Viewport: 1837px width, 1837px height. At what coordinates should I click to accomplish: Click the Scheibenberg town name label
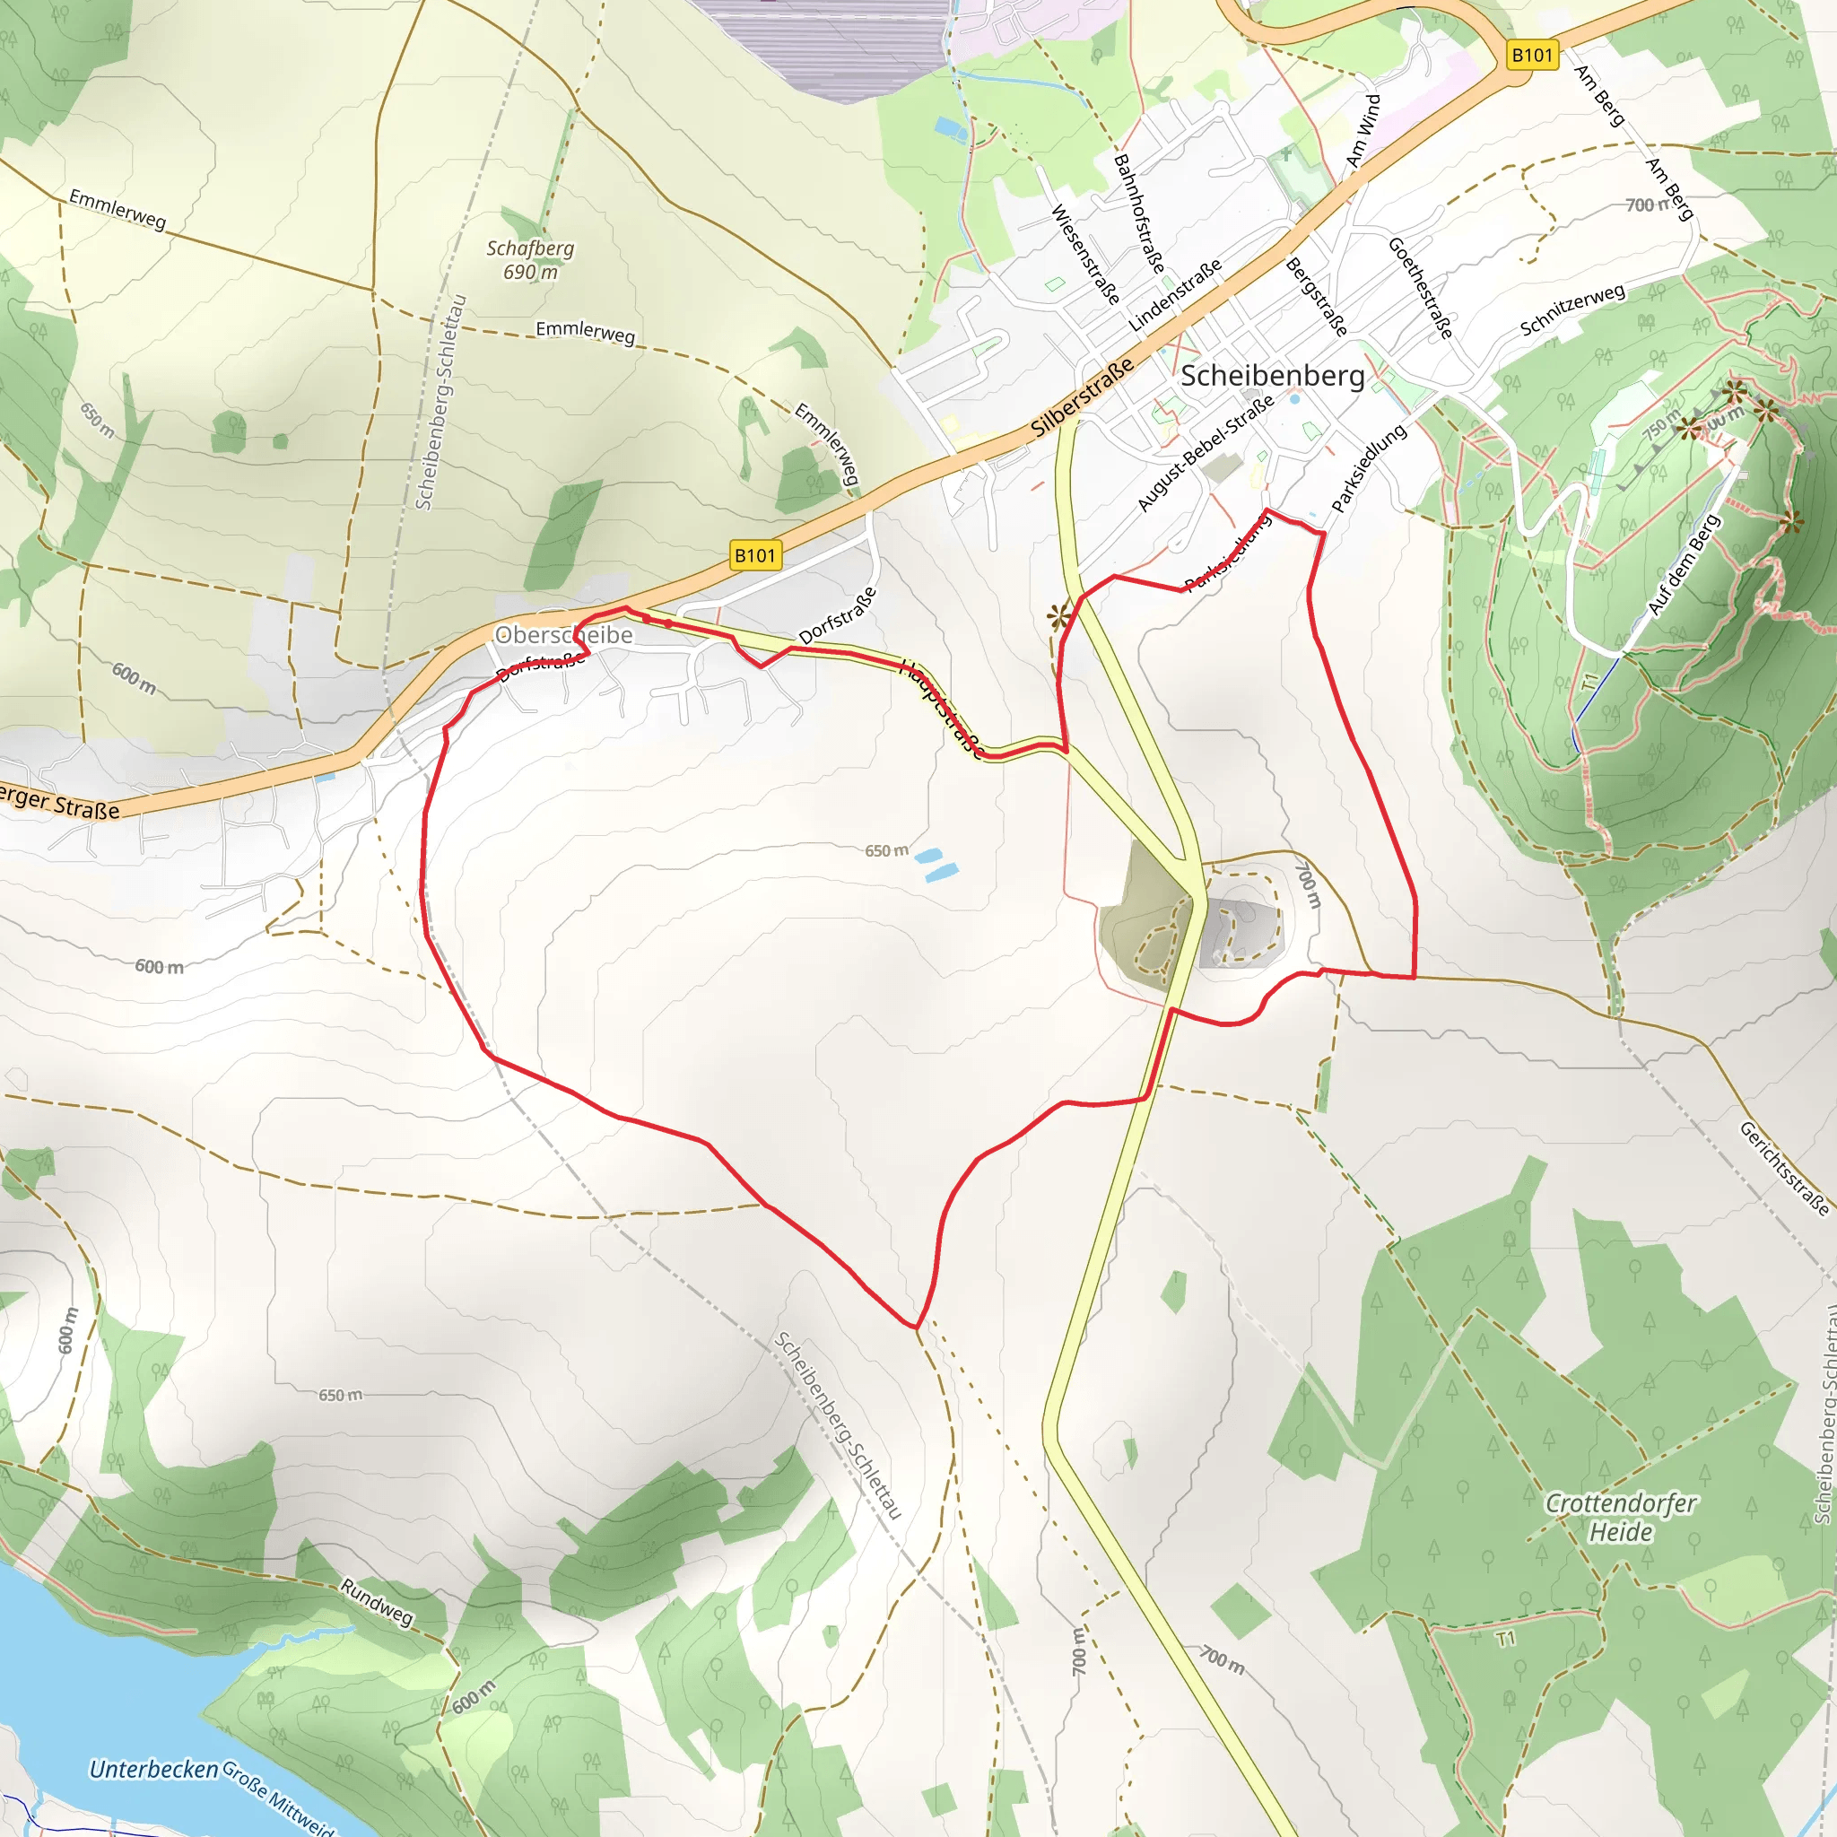pos(1272,376)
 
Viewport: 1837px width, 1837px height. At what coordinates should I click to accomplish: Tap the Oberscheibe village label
pos(564,635)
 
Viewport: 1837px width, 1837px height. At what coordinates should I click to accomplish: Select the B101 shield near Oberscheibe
pos(756,555)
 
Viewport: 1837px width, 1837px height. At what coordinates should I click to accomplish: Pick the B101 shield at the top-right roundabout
pos(1532,55)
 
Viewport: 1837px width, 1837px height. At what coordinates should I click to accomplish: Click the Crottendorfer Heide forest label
pos(1620,1518)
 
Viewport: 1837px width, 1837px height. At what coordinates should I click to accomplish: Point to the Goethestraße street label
pos(1421,288)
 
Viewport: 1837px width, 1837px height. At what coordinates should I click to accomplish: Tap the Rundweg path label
pos(377,1602)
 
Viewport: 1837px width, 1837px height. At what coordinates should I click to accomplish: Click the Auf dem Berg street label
pos(1684,565)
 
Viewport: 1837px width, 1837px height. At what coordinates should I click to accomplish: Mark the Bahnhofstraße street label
pos(1138,213)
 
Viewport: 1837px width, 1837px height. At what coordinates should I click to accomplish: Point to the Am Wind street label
pos(1363,130)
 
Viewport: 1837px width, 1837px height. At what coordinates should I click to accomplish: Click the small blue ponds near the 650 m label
pos(936,865)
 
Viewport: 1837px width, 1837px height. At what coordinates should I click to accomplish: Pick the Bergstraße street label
pos(1316,297)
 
